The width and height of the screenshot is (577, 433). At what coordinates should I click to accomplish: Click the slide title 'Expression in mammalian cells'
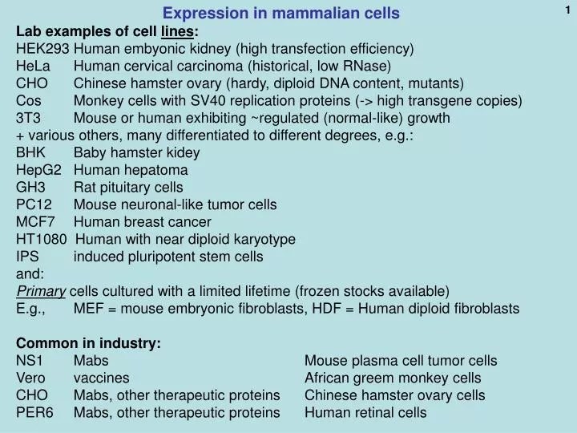281,14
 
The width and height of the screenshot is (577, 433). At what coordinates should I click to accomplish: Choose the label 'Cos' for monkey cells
28,100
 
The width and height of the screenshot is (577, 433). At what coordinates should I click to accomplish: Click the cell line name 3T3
28,118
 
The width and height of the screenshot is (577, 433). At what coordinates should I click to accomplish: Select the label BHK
30,152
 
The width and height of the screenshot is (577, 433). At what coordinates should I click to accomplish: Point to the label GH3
30,187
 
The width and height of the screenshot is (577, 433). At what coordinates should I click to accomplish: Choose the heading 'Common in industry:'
89,343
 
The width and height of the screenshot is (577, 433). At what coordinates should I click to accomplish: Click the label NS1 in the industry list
30,361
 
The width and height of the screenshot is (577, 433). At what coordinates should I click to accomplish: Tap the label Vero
31,378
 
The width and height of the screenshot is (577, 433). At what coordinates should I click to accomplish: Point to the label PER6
34,413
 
